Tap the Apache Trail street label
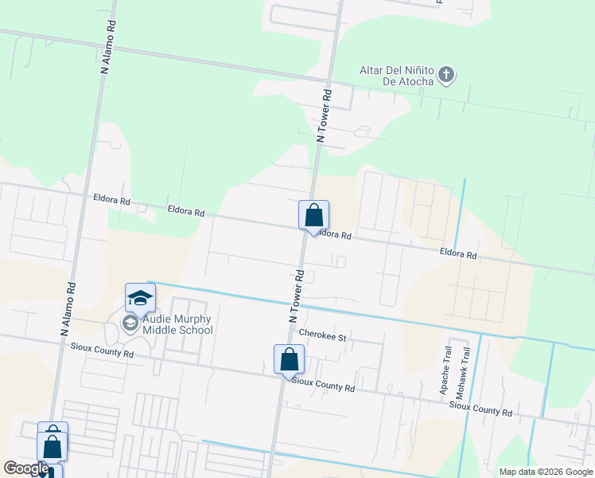(x=445, y=371)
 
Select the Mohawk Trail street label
(x=459, y=372)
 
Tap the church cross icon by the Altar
(x=446, y=76)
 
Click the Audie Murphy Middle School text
(x=178, y=324)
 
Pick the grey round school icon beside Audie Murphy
(x=129, y=323)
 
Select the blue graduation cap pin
(x=140, y=299)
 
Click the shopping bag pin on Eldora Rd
(x=313, y=215)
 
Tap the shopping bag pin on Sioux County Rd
(x=289, y=359)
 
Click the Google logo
(x=26, y=468)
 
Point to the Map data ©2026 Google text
(x=545, y=472)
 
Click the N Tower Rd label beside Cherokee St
(x=297, y=295)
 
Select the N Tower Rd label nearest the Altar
(x=324, y=116)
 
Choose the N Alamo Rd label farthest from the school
(x=109, y=46)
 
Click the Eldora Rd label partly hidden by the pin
(x=336, y=235)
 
